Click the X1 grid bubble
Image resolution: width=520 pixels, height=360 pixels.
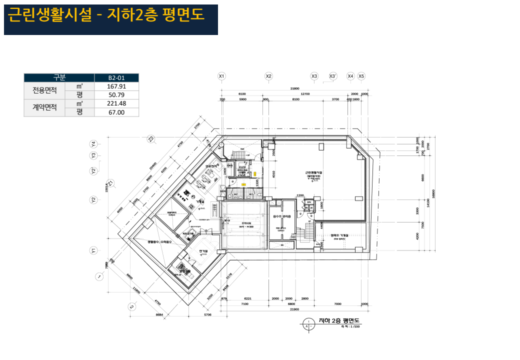pyautogui.click(x=222, y=76)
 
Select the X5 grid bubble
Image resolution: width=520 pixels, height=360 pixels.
pyautogui.click(x=361, y=76)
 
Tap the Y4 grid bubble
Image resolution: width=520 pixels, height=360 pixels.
pyautogui.click(x=93, y=144)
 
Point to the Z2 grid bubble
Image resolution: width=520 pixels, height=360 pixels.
pyautogui.click(x=150, y=139)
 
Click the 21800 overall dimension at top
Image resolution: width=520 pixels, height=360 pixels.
pyautogui.click(x=294, y=88)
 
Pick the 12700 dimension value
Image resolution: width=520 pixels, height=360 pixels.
pyautogui.click(x=305, y=94)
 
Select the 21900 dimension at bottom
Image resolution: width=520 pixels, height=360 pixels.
pyautogui.click(x=293, y=309)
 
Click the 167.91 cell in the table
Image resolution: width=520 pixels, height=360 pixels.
pyautogui.click(x=116, y=86)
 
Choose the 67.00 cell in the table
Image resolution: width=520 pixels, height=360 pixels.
pyautogui.click(x=116, y=112)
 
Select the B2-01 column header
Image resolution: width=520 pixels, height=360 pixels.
pyautogui.click(x=116, y=78)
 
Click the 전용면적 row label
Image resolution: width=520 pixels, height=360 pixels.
pyautogui.click(x=44, y=90)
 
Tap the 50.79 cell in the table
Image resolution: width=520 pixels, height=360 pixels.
pyautogui.click(x=116, y=95)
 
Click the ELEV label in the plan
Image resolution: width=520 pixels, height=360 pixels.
pyautogui.click(x=242, y=167)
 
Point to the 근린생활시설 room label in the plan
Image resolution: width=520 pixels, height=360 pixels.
pyautogui.click(x=314, y=172)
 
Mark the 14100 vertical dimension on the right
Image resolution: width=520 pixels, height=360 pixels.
pyautogui.click(x=428, y=202)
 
